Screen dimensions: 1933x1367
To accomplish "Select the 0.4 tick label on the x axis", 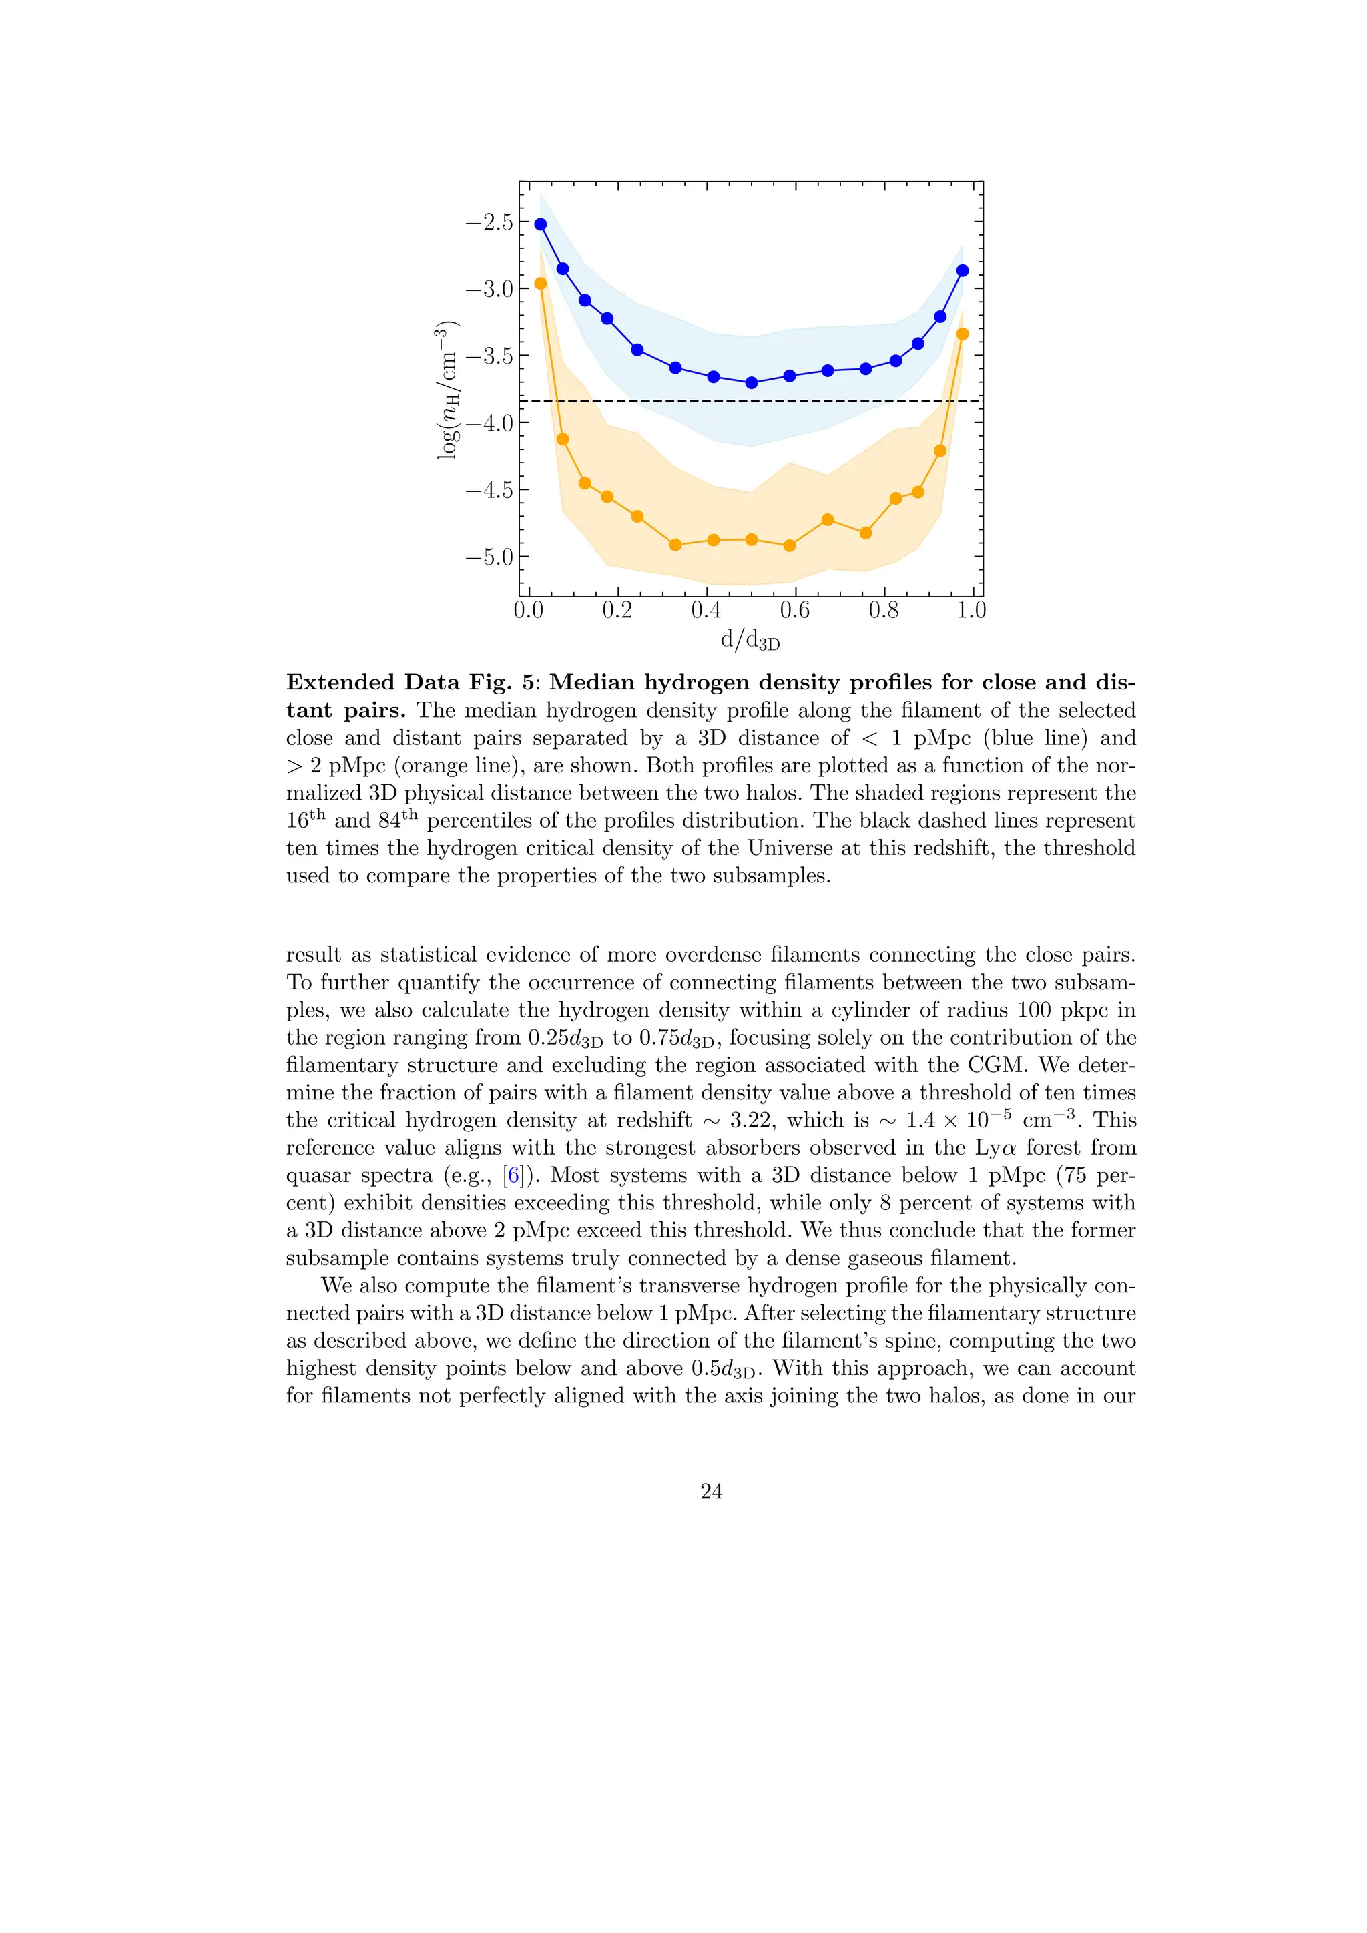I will point(706,610).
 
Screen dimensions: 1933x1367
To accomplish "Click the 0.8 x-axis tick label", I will point(883,610).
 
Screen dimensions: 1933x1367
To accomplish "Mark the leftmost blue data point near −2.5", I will point(541,224).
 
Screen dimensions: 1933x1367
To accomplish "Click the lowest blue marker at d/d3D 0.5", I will point(752,382).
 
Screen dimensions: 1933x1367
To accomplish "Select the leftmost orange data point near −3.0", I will point(541,283).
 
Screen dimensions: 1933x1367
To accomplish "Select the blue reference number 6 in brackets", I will point(513,1175).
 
